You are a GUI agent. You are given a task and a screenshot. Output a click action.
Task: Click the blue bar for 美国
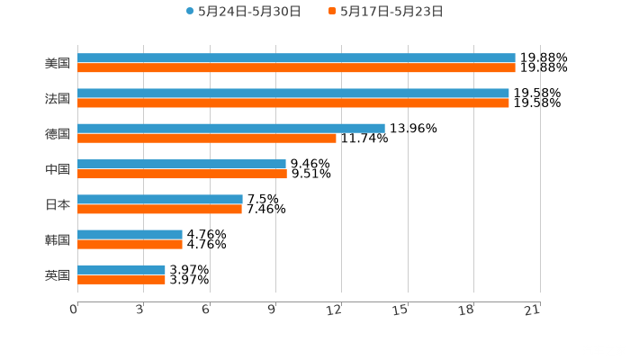[x=296, y=58]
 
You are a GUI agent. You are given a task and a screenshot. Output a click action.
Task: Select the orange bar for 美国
[x=296, y=67]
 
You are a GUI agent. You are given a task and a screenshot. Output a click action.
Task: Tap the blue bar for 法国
[x=292, y=93]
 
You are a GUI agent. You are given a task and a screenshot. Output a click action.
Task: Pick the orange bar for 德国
[x=207, y=138]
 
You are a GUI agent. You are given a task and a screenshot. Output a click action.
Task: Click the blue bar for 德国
[x=231, y=128]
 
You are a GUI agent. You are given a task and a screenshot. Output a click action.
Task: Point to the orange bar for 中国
[x=182, y=174]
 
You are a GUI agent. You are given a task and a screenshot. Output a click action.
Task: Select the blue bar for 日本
[x=160, y=199]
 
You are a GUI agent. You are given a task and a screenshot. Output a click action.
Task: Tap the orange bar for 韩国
[x=130, y=244]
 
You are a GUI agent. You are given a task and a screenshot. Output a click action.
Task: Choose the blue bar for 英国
[x=121, y=269]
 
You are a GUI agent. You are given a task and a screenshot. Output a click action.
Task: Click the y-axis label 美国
[x=58, y=64]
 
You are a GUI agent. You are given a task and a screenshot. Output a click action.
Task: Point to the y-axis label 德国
[x=58, y=133]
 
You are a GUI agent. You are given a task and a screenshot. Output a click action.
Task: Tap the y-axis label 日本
[x=58, y=204]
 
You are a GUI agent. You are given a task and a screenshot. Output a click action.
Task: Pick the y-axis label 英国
[x=58, y=274]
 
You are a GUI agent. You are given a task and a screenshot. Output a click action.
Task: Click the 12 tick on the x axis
[x=335, y=310]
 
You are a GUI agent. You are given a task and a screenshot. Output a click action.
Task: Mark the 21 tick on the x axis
[x=533, y=310]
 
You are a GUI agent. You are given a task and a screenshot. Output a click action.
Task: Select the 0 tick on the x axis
[x=74, y=310]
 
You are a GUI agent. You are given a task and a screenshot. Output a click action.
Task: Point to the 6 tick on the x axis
[x=206, y=310]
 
